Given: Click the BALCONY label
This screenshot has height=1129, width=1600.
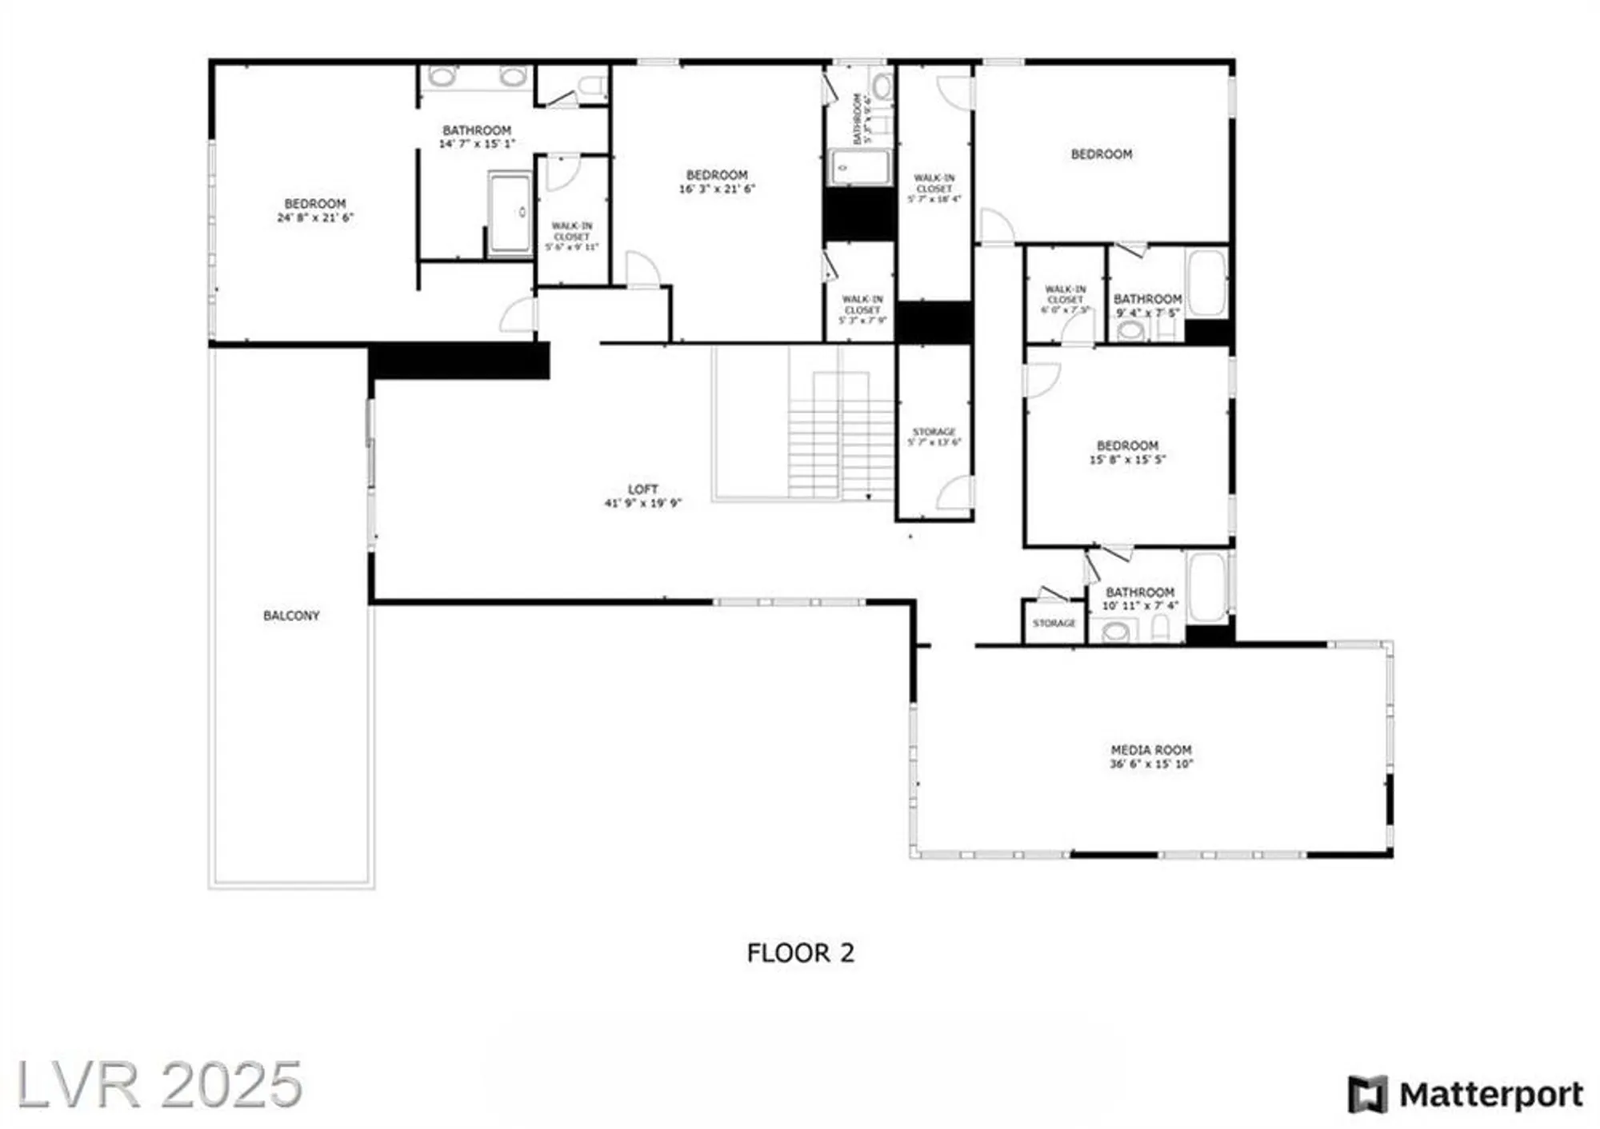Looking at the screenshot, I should click(x=291, y=616).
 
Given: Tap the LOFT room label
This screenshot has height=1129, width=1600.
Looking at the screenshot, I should click(x=643, y=489).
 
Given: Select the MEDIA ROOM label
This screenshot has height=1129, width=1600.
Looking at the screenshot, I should click(x=1151, y=750).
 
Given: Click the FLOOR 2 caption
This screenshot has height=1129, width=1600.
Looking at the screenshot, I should click(x=800, y=953).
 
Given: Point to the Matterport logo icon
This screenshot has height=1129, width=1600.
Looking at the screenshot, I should click(x=1366, y=1095).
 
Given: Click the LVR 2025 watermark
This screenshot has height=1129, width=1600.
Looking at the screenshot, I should click(x=159, y=1085).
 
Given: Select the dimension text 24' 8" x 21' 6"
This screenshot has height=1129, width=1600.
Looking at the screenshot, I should click(x=315, y=217).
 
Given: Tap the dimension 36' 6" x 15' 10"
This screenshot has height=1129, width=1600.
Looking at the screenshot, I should click(x=1151, y=764).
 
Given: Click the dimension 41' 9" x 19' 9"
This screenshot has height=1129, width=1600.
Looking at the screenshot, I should click(x=643, y=504).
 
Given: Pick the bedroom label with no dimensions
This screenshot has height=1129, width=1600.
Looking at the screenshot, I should click(x=1102, y=154).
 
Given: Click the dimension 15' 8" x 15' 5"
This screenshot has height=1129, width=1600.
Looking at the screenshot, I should click(x=1127, y=460).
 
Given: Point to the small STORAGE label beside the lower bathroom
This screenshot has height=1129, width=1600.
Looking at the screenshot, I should click(x=1054, y=624).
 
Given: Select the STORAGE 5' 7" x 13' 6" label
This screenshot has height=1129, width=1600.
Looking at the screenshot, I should click(x=934, y=437).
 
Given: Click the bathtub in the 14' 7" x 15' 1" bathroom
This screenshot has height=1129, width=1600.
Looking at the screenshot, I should click(x=510, y=213).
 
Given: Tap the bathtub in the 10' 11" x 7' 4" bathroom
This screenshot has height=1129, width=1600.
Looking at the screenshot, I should click(x=1207, y=587).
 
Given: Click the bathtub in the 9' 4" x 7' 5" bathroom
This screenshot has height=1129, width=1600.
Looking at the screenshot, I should click(x=1206, y=283).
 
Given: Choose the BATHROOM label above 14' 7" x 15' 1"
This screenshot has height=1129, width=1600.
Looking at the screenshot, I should click(x=477, y=130).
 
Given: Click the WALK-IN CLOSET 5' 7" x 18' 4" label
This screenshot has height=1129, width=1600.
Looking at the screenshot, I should click(x=934, y=189).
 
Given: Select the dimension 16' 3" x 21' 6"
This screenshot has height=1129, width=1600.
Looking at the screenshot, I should click(x=717, y=189).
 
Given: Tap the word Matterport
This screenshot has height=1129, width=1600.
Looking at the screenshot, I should click(x=1491, y=1095).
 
